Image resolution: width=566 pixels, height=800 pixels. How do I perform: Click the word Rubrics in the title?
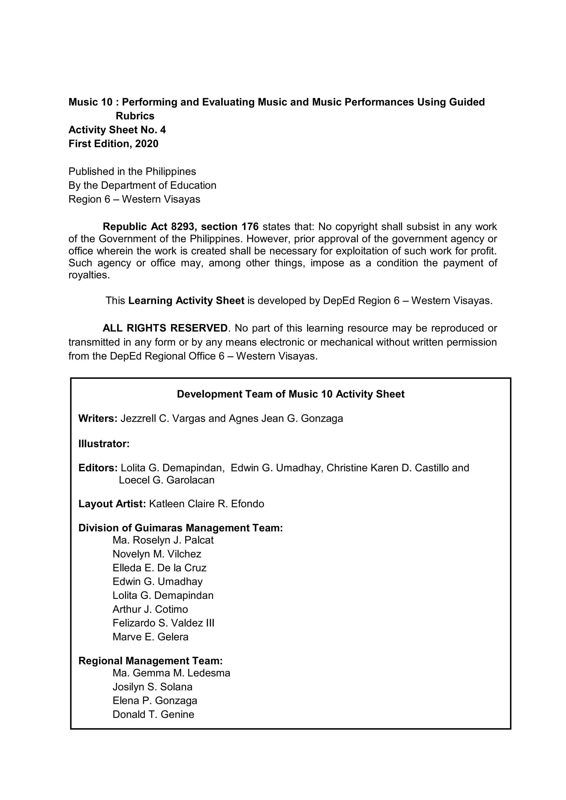(x=135, y=116)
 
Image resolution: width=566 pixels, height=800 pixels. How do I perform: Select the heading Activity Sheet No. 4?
(x=117, y=130)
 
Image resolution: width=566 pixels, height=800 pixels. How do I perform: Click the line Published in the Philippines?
(x=132, y=171)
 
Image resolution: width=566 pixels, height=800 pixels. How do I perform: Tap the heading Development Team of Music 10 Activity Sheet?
(x=291, y=394)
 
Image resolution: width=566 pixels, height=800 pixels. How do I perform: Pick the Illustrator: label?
(x=104, y=444)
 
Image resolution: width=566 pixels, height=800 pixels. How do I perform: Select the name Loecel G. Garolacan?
(x=167, y=480)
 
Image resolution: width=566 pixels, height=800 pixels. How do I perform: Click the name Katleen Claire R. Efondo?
(x=206, y=504)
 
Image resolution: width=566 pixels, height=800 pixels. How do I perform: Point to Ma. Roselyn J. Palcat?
(x=163, y=540)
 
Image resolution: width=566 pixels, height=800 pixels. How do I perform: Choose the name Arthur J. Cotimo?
(x=150, y=609)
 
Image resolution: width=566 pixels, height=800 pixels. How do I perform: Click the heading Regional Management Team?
(x=150, y=661)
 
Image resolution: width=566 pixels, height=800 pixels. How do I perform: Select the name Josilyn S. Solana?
(x=152, y=687)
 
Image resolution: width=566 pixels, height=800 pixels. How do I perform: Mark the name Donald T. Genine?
(x=153, y=714)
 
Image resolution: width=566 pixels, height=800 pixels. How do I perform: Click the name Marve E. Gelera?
(x=150, y=637)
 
